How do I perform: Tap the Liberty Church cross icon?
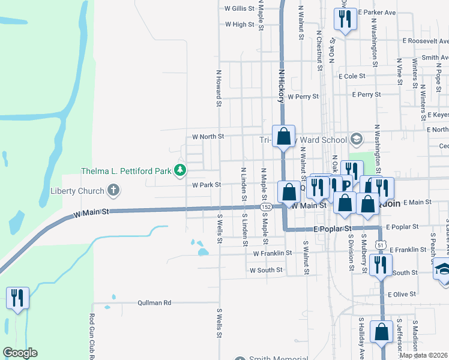(x=113, y=191)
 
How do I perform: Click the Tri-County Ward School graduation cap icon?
(x=356, y=139)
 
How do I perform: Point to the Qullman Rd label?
(x=154, y=302)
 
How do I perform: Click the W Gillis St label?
(x=240, y=9)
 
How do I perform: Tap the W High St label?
(x=240, y=25)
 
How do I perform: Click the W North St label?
(x=208, y=137)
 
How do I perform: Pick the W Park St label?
(x=207, y=185)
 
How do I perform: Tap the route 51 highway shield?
(x=381, y=244)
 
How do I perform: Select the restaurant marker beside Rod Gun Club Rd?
(x=17, y=298)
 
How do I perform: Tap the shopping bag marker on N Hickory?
(x=284, y=136)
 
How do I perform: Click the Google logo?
(x=20, y=353)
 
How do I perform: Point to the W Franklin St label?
(x=272, y=253)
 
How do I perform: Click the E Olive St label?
(x=402, y=295)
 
